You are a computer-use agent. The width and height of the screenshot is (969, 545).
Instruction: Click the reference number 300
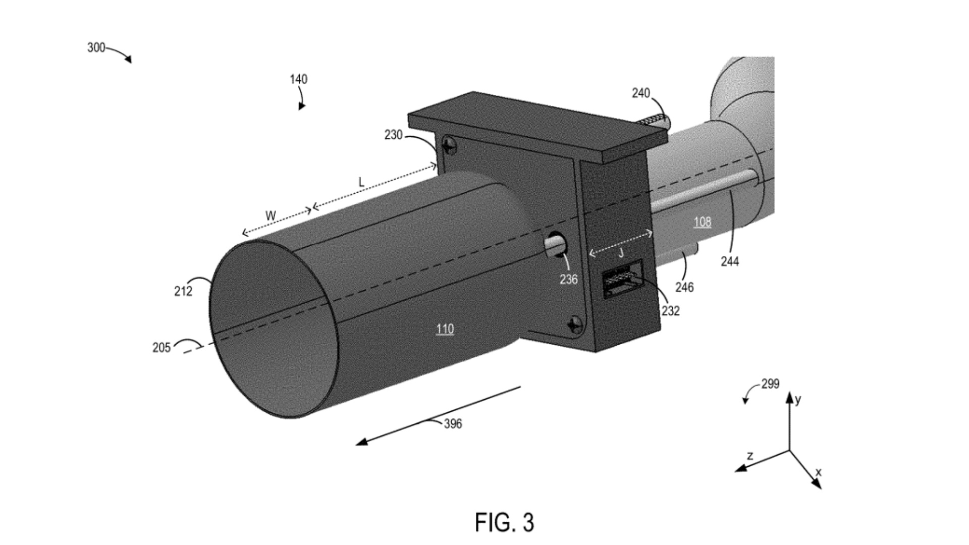click(x=96, y=48)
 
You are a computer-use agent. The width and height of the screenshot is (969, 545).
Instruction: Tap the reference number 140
click(x=298, y=79)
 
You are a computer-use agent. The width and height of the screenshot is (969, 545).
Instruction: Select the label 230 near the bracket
click(x=393, y=135)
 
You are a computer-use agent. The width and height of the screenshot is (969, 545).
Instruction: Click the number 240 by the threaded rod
click(x=640, y=93)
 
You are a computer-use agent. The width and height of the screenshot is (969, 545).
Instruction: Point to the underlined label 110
click(x=445, y=330)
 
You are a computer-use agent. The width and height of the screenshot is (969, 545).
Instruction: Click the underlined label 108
click(x=702, y=222)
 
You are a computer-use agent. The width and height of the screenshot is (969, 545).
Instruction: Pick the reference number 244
click(x=730, y=261)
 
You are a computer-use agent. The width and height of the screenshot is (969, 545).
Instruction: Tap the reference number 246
click(x=684, y=287)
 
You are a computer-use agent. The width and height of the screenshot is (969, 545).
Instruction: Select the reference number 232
click(x=670, y=311)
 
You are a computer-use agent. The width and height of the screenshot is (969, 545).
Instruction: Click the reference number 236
click(x=568, y=280)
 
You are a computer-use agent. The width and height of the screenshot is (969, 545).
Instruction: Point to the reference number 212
click(x=183, y=292)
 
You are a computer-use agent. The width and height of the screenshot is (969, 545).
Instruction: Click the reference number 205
click(x=161, y=348)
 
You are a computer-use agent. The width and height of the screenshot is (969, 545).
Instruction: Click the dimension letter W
click(x=271, y=216)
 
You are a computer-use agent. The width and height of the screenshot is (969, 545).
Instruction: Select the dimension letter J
click(x=621, y=253)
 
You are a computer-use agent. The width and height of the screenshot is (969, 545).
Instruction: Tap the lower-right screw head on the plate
click(x=575, y=324)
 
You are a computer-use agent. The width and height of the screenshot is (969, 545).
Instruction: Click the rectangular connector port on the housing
click(x=621, y=279)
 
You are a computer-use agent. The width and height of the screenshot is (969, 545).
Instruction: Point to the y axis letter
click(x=798, y=400)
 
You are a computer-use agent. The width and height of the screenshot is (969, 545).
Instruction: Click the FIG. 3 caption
click(x=504, y=522)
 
